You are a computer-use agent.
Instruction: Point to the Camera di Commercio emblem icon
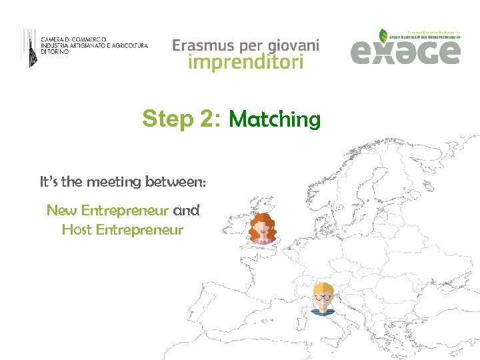[29, 47]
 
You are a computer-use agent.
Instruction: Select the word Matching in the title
[274, 120]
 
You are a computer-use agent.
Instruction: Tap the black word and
[186, 211]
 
